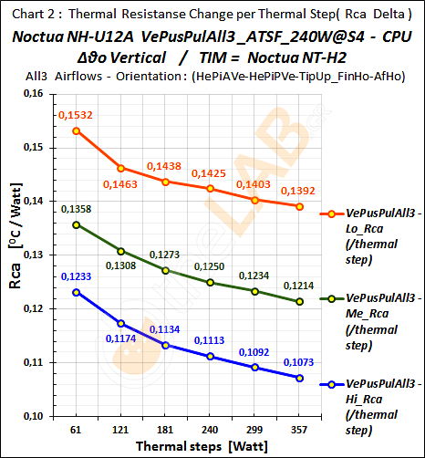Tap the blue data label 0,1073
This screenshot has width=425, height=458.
point(299,361)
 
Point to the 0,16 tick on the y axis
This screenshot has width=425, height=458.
point(34,93)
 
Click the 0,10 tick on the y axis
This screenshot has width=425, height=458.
point(34,416)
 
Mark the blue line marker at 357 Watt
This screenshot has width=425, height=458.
point(299,378)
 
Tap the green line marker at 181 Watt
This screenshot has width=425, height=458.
point(165,270)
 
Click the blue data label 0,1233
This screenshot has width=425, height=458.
point(77,276)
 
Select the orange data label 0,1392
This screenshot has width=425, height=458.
point(300,192)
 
